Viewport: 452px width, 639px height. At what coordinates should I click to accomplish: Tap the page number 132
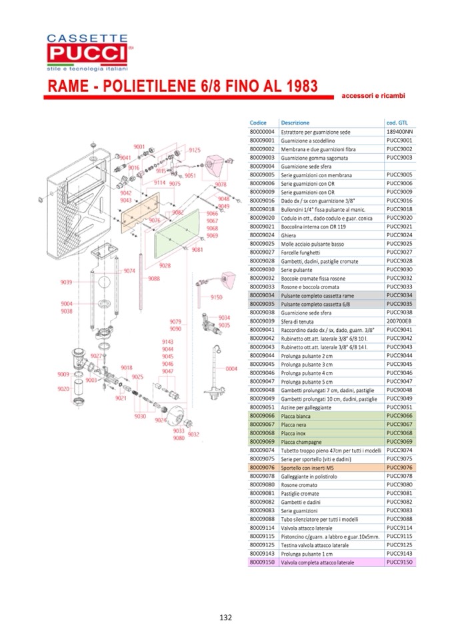click(x=225, y=617)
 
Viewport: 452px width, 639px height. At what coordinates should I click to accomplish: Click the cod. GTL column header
click(x=397, y=123)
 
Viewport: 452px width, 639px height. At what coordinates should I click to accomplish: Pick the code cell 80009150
click(x=261, y=562)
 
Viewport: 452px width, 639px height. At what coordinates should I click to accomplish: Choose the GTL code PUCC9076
click(x=400, y=467)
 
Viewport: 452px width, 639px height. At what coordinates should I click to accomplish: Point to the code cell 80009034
click(x=261, y=295)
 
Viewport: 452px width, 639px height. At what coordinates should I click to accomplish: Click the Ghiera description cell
click(x=289, y=235)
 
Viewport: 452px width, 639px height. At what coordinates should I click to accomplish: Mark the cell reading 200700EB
click(x=398, y=320)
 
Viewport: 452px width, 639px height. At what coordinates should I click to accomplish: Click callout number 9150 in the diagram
click(x=216, y=297)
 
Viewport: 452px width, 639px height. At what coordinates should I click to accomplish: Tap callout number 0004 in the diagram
click(x=231, y=368)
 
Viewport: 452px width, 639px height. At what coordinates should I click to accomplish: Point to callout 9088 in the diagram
click(x=154, y=278)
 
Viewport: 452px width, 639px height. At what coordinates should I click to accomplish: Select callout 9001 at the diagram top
click(x=139, y=147)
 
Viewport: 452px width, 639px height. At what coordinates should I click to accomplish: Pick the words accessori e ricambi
click(x=373, y=96)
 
